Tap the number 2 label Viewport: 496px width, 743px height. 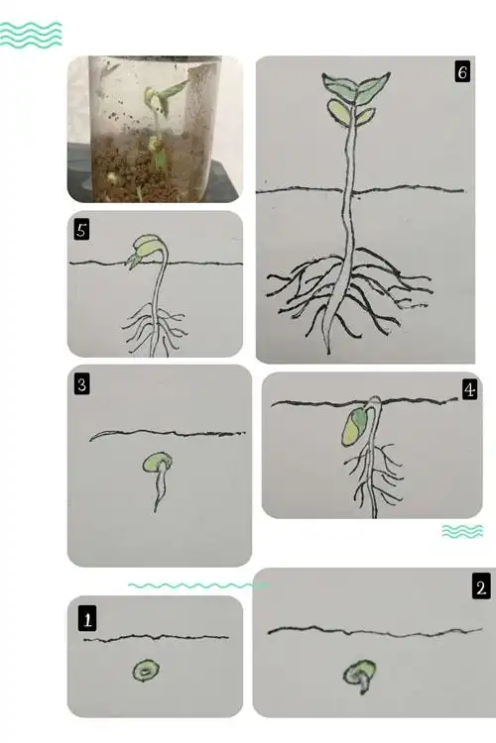tap(480, 587)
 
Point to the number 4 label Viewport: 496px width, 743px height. tap(469, 390)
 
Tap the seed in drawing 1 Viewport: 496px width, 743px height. tap(147, 672)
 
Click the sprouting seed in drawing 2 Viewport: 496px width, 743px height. tap(358, 676)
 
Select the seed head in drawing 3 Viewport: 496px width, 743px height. tap(156, 462)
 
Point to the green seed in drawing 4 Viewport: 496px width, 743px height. tap(353, 427)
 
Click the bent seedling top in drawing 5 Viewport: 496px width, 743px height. tap(145, 248)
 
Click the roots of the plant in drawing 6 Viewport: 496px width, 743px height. tap(347, 287)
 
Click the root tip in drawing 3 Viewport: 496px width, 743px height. tap(157, 507)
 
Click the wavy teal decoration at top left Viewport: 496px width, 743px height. tap(31, 35)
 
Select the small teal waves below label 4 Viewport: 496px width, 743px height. tap(461, 532)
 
